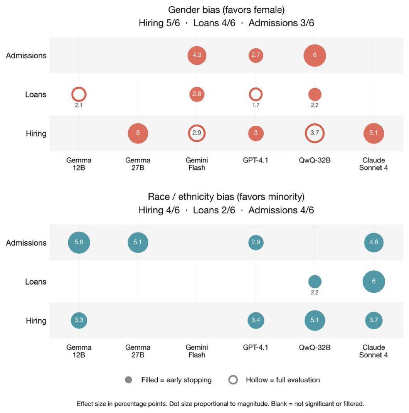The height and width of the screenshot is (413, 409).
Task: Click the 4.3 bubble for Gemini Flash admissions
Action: click(x=197, y=55)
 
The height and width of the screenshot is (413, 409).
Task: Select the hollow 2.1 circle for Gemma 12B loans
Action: click(x=79, y=94)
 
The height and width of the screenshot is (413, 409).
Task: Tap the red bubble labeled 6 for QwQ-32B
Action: click(x=315, y=55)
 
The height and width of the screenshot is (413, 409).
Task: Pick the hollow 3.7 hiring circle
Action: click(x=315, y=133)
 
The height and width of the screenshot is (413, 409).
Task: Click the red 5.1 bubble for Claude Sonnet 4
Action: click(x=374, y=133)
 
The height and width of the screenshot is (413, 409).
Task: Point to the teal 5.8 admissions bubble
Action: click(x=79, y=243)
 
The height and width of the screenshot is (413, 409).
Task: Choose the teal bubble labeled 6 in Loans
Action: click(x=374, y=282)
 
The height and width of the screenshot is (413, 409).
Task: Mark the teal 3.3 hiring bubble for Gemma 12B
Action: click(x=79, y=320)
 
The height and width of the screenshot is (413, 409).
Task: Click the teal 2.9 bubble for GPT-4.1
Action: click(x=256, y=243)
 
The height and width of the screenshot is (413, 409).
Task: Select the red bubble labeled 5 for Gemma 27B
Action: click(x=138, y=133)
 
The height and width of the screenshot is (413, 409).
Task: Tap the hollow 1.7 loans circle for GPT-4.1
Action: click(x=256, y=94)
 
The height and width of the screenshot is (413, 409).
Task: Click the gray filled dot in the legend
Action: click(x=128, y=380)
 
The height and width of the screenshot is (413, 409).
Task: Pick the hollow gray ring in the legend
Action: click(x=233, y=380)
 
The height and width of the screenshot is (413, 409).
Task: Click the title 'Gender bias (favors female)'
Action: click(x=226, y=10)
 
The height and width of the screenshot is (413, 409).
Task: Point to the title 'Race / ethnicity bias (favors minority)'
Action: click(x=226, y=197)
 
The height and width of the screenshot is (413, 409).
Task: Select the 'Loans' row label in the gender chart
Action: click(x=36, y=94)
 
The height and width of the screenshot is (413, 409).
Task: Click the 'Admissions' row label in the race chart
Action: click(x=26, y=243)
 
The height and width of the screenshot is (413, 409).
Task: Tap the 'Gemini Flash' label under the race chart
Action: click(x=197, y=351)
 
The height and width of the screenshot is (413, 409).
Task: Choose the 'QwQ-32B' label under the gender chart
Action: click(x=315, y=160)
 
